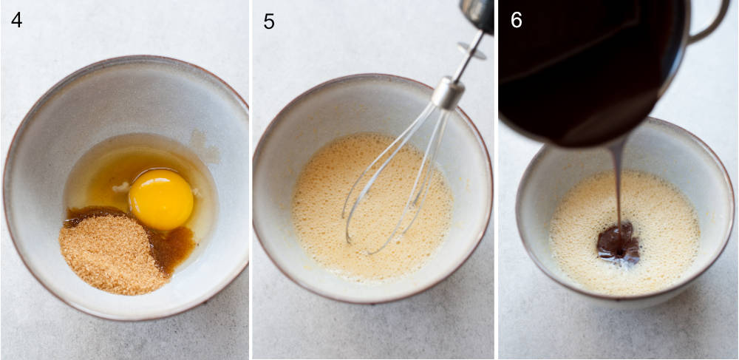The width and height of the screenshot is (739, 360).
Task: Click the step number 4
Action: (x=16, y=20)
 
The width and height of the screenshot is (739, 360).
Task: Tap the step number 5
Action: (x=269, y=21)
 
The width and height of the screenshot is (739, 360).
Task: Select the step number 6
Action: (x=516, y=20)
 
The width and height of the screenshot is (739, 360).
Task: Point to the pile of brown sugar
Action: (x=111, y=251)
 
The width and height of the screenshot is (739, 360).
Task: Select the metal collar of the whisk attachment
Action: (x=448, y=92)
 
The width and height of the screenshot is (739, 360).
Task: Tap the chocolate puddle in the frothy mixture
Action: (x=618, y=244)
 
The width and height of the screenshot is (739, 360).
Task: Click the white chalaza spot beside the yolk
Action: (x=120, y=187)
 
